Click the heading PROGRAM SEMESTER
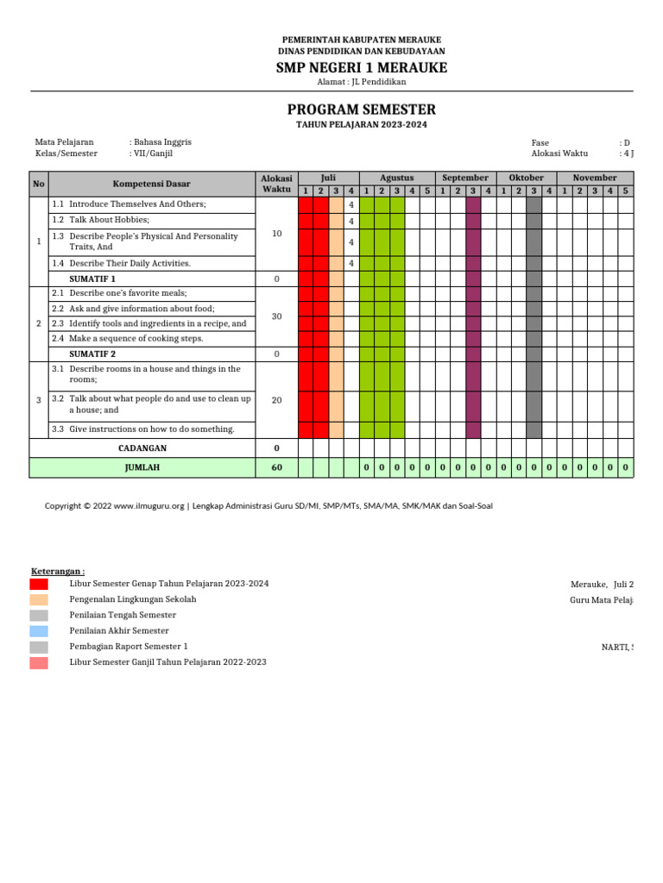click(361, 110)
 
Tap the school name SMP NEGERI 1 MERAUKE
click(361, 68)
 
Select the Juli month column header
click(327, 178)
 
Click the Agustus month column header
click(396, 178)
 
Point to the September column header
click(465, 178)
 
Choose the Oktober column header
click(527, 178)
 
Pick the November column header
click(595, 178)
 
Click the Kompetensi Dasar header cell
click(151, 184)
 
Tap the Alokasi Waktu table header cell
click(276, 184)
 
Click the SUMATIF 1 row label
click(92, 279)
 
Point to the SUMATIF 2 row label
click(92, 354)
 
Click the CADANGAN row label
click(142, 448)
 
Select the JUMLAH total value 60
click(276, 467)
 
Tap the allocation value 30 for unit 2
click(276, 316)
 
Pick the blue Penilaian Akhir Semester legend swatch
click(39, 631)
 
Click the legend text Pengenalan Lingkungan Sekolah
click(133, 599)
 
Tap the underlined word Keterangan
click(58, 571)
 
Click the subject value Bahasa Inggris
click(162, 142)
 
